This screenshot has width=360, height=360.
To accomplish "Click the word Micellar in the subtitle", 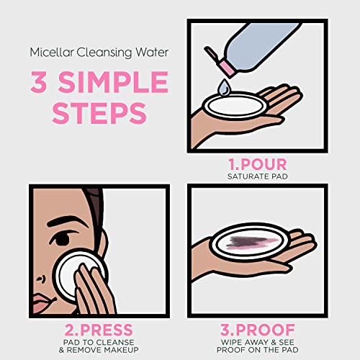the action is pyautogui.click(x=51, y=53).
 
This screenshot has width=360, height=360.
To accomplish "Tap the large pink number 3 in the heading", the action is pyautogui.click(x=39, y=82).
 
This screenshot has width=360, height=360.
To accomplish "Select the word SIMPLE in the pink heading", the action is pyautogui.click(x=113, y=82).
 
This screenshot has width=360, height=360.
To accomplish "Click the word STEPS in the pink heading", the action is pyautogui.click(x=99, y=113).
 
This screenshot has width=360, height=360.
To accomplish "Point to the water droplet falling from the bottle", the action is pyautogui.click(x=224, y=86).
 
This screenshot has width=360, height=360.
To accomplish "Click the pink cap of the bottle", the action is pyautogui.click(x=227, y=67).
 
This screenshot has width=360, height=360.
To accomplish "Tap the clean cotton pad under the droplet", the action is pyautogui.click(x=235, y=106).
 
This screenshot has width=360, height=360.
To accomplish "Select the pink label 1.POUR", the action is pyautogui.click(x=257, y=164).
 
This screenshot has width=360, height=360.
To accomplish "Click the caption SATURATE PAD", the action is pyautogui.click(x=257, y=176).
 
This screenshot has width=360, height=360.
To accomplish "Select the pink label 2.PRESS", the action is pyautogui.click(x=99, y=330).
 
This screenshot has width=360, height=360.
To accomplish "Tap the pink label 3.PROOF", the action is pyautogui.click(x=257, y=330).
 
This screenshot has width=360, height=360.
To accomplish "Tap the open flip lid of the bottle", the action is pyautogui.click(x=211, y=53).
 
